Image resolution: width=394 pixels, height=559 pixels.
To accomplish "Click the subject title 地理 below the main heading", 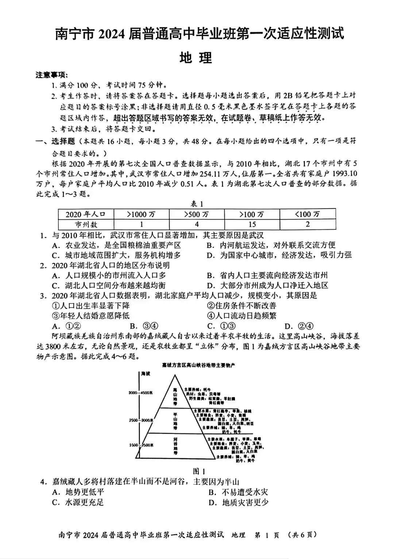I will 196,58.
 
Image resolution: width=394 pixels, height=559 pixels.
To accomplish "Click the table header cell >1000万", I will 141,214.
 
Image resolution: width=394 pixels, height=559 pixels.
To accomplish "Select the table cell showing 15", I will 252,224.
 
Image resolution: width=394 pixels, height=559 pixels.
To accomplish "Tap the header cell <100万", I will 307,214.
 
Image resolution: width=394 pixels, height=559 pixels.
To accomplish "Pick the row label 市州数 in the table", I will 86,224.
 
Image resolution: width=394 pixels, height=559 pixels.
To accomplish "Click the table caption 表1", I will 197,204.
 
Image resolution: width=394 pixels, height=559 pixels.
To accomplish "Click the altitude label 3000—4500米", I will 140,393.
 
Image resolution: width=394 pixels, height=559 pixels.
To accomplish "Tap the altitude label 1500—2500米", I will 141,445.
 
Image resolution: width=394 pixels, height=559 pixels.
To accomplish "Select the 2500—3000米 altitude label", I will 140,420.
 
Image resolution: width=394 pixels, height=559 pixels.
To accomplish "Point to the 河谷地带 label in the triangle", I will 175,445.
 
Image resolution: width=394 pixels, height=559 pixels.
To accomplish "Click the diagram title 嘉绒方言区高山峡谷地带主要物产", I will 198,365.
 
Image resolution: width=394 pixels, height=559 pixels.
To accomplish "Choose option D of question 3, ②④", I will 299,326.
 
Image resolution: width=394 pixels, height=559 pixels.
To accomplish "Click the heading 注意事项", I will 51,75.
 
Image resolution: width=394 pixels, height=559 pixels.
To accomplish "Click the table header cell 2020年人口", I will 86,214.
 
